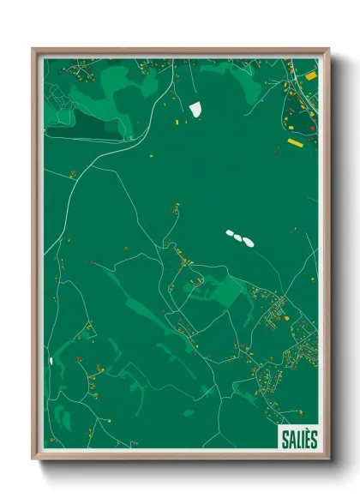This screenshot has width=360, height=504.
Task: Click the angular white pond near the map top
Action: [195, 110]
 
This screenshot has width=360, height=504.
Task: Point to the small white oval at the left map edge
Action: [51, 361]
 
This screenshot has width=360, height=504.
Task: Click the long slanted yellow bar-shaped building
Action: [295, 142]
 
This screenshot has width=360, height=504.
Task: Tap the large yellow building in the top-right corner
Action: [310, 76]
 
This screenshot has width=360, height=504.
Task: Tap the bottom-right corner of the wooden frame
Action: [327, 459]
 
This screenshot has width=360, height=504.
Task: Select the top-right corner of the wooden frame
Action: [327, 50]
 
